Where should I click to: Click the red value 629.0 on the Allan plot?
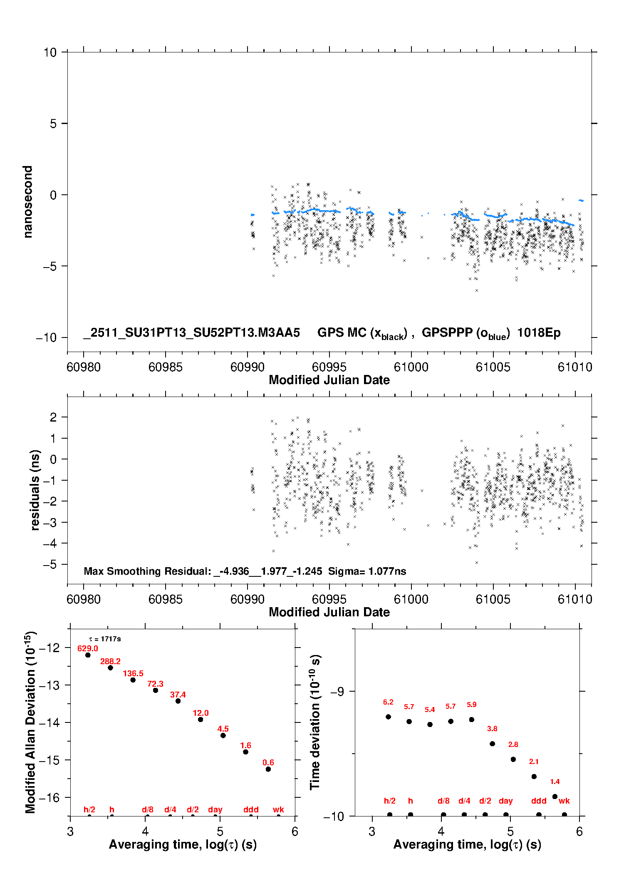point(87,648)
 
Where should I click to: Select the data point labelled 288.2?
point(110,668)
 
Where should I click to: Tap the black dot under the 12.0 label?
point(201,720)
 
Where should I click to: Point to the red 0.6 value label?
point(268,762)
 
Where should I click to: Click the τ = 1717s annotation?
point(105,639)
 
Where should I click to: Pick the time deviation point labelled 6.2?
point(388,717)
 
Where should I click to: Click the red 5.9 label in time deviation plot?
point(471,705)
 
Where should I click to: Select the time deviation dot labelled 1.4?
point(555,797)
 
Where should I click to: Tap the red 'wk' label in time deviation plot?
point(564,801)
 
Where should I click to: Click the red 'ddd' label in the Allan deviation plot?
point(251,809)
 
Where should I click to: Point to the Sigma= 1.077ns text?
point(367,571)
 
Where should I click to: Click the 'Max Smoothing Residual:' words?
point(147,571)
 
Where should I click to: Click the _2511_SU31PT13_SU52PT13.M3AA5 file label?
point(191,333)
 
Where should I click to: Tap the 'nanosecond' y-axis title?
point(28,202)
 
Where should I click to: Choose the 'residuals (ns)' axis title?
point(35,490)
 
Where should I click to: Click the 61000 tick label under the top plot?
point(411,367)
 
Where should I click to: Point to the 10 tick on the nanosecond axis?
point(50,52)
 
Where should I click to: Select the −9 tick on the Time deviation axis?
point(337,691)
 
